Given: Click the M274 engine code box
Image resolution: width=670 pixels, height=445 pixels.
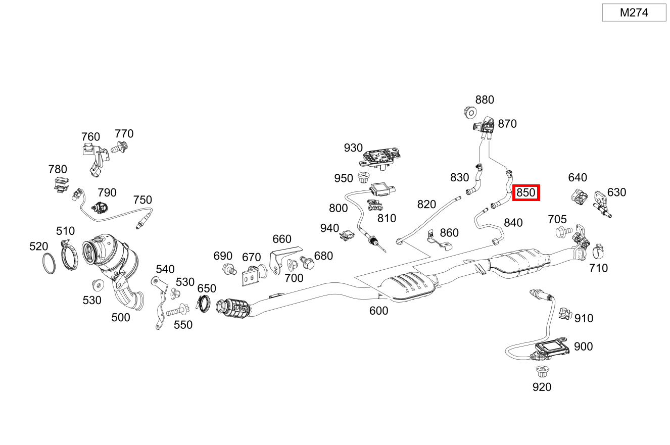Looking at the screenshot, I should pyautogui.click(x=634, y=13).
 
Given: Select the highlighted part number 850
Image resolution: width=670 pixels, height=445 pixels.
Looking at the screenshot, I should pyautogui.click(x=526, y=192).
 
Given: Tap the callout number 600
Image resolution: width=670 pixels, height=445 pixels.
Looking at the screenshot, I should pyautogui.click(x=378, y=311).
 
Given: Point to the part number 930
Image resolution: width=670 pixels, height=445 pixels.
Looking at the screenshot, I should pyautogui.click(x=353, y=147).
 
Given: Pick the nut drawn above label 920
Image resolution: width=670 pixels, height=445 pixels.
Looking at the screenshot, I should pyautogui.click(x=542, y=372).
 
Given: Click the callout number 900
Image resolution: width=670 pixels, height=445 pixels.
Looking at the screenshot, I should pyautogui.click(x=583, y=347).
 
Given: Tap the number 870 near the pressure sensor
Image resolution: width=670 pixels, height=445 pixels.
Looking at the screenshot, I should pyautogui.click(x=507, y=124).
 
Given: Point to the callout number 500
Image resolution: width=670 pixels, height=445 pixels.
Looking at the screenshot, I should pyautogui.click(x=120, y=317).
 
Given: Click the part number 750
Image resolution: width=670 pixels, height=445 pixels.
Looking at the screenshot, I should pyautogui.click(x=142, y=200).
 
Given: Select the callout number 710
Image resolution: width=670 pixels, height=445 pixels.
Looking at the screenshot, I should pyautogui.click(x=598, y=268).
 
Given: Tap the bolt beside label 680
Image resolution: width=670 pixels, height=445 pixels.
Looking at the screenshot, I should pyautogui.click(x=307, y=263).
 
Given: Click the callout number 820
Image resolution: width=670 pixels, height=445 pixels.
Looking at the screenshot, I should pyautogui.click(x=426, y=205).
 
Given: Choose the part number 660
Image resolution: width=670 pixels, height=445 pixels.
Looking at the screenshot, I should pyautogui.click(x=282, y=239).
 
